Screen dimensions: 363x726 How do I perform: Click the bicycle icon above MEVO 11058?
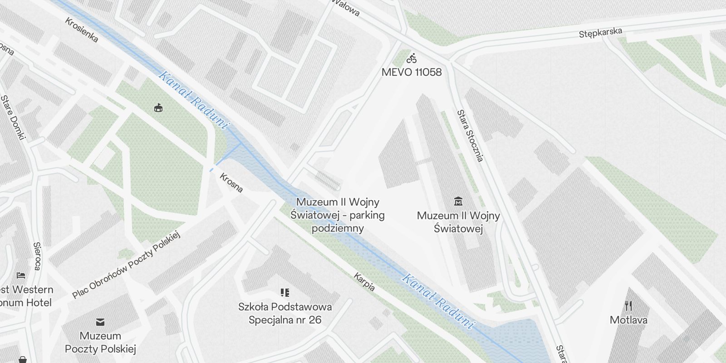[x=412, y=59]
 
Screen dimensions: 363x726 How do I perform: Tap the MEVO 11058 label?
[x=412, y=72]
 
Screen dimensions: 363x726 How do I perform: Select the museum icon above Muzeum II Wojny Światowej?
[x=458, y=201]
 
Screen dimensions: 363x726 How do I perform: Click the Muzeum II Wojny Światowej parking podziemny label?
[x=338, y=215]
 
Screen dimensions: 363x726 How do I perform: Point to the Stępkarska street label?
[x=600, y=33]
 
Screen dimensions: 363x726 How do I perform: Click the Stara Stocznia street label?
[x=470, y=135]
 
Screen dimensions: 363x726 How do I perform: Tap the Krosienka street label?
[x=82, y=30]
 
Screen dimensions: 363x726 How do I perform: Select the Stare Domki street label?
[x=13, y=118]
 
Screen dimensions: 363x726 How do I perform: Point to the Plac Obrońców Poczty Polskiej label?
[x=126, y=265]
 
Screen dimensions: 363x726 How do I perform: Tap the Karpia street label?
[x=364, y=282]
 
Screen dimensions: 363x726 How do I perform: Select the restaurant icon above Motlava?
[x=628, y=306]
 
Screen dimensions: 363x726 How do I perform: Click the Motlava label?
[x=628, y=320]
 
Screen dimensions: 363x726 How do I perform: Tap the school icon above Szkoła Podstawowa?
[x=285, y=293]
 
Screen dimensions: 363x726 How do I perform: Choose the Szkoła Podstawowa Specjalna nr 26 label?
[x=285, y=313]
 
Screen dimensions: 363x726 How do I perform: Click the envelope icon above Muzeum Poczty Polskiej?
[x=100, y=322]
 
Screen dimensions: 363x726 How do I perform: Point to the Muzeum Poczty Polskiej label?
[x=100, y=342]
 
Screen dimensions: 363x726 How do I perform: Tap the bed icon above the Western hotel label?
[x=21, y=275]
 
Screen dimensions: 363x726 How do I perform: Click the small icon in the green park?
[x=158, y=108]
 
